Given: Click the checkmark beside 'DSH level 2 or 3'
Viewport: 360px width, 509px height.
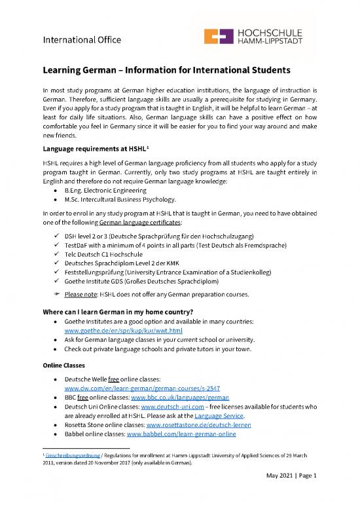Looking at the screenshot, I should (59, 236).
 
